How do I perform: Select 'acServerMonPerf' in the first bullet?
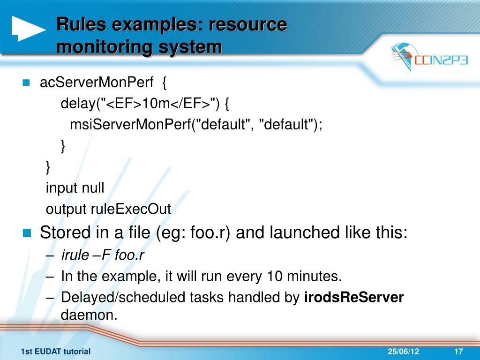click(x=97, y=83)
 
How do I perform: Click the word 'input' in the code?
click(x=62, y=188)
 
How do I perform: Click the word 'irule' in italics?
click(x=75, y=255)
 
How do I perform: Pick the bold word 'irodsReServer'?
click(x=354, y=297)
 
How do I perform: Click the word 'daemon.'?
click(x=89, y=315)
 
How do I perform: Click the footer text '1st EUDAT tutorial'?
click(x=56, y=352)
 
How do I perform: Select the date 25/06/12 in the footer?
click(x=404, y=352)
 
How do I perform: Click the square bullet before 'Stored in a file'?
click(x=26, y=233)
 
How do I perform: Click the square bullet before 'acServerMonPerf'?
click(x=26, y=83)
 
